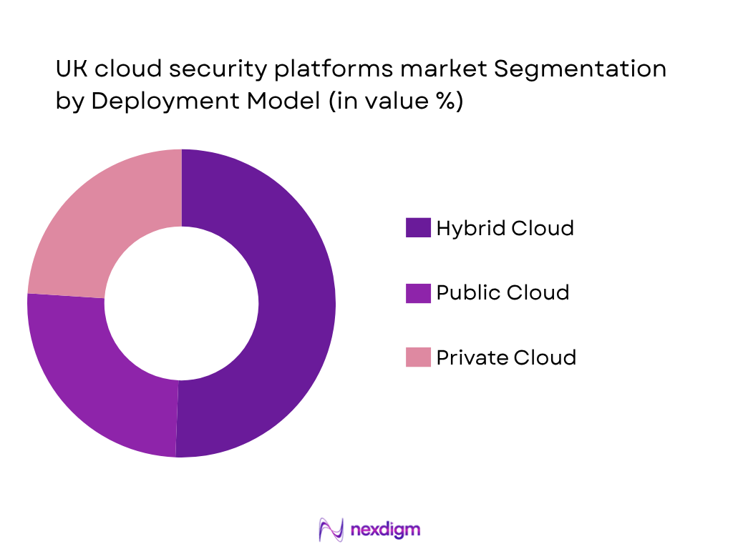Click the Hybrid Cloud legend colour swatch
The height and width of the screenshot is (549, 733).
click(418, 228)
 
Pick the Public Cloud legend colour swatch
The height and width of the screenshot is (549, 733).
click(418, 292)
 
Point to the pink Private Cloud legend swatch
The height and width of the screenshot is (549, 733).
click(418, 357)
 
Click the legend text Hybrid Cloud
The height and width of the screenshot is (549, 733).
click(505, 228)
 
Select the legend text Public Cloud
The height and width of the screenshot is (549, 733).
click(503, 292)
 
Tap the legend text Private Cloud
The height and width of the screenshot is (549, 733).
click(506, 357)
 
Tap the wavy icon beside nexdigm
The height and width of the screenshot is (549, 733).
click(331, 530)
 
